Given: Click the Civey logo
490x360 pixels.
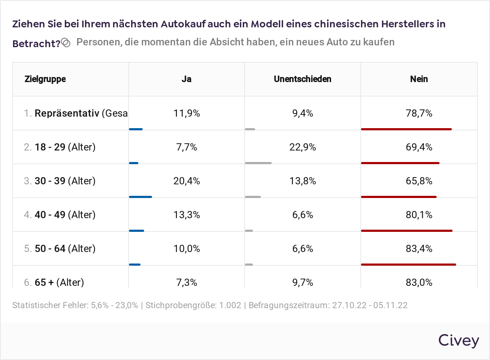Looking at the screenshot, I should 458,341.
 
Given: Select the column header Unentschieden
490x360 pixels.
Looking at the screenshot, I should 302,79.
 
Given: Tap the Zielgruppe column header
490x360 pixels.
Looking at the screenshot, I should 45,79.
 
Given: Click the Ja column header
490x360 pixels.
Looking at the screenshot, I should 186,79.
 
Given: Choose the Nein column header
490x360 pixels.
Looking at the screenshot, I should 419,79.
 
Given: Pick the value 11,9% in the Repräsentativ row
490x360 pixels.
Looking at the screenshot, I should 186,113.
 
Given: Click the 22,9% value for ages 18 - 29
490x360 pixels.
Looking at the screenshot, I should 302,147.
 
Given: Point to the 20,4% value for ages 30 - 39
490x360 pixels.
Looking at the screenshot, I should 186,181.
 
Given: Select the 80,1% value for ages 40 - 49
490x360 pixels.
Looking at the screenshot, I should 419,215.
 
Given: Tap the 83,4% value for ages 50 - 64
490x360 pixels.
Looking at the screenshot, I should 419,249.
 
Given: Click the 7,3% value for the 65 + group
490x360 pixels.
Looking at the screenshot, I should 186,283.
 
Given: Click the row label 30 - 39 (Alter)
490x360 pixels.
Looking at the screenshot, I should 65,181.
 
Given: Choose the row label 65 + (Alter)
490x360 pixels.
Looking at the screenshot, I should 59,283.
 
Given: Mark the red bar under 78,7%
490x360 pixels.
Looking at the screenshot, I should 406,129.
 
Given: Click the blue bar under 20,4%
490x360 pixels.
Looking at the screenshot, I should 141,197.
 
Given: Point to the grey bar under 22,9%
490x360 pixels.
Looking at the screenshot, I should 258,163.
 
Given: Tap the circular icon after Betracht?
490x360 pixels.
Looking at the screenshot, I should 66,43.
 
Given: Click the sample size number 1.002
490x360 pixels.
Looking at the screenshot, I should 230,305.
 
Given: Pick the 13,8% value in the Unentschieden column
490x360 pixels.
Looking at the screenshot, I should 302,181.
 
